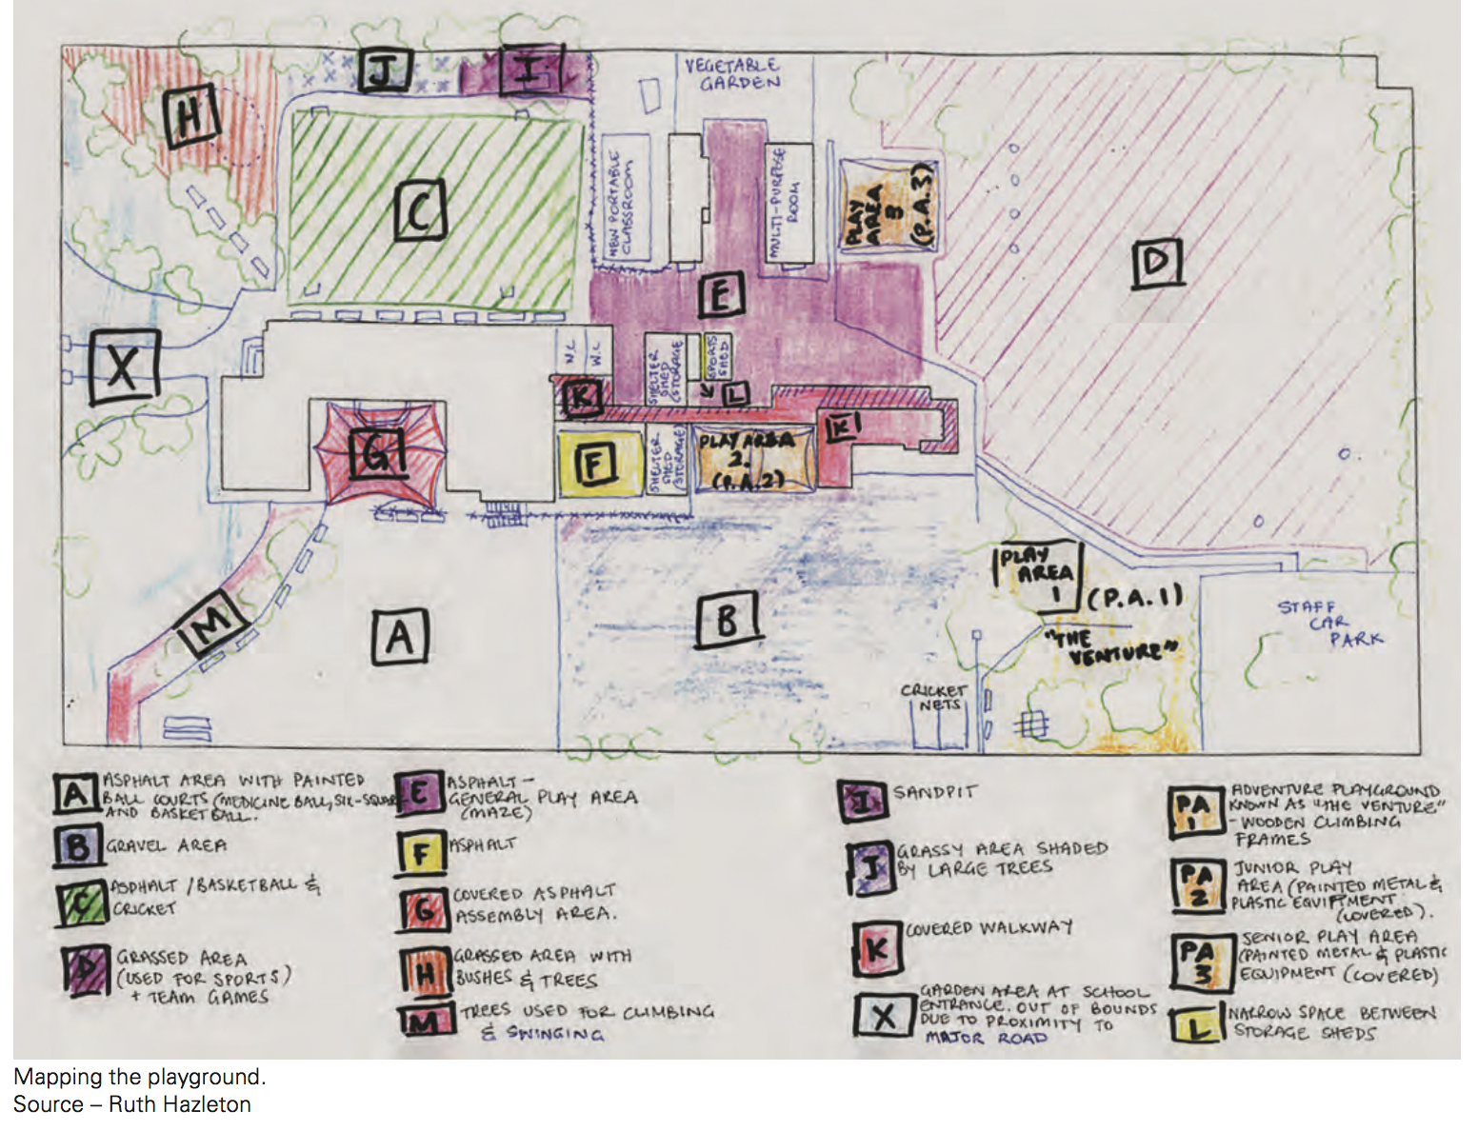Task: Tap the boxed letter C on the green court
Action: (419, 210)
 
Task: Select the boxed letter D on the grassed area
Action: (1157, 262)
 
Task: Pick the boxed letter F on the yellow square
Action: (594, 465)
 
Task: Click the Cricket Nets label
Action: (934, 697)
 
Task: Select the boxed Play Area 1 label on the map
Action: (1039, 575)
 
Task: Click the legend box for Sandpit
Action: (863, 800)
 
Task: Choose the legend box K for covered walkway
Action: (876, 947)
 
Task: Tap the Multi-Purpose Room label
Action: (788, 202)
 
